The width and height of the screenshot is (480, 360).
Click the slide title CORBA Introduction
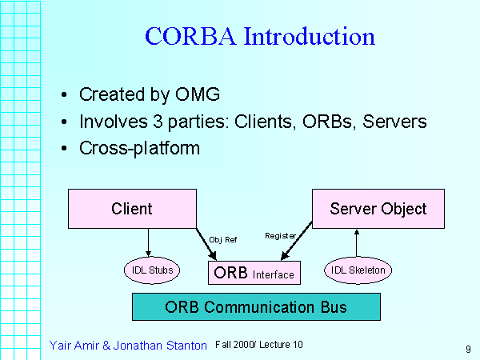click(x=260, y=37)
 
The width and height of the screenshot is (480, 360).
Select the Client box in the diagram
click(x=132, y=209)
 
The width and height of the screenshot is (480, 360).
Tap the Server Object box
click(x=378, y=209)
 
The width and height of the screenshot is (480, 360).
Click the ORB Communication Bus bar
click(x=256, y=307)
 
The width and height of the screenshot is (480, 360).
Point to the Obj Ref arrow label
click(x=223, y=239)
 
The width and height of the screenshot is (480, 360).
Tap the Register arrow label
click(x=280, y=236)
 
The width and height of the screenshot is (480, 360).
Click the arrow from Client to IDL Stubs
click(x=149, y=242)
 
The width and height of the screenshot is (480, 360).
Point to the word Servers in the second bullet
click(x=398, y=122)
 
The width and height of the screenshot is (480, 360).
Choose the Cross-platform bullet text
click(x=139, y=148)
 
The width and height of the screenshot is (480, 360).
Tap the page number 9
click(x=466, y=348)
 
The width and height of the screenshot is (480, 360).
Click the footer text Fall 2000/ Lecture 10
click(x=259, y=344)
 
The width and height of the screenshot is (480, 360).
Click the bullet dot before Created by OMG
click(x=64, y=95)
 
